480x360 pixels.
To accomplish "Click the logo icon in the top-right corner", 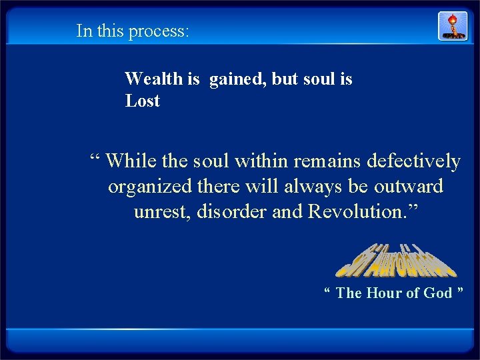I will [x=452, y=26].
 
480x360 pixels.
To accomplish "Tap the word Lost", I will [x=143, y=101].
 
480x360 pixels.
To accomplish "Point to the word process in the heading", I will [x=159, y=31].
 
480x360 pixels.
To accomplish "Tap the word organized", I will [x=150, y=187].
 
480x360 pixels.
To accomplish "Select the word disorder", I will [x=229, y=212].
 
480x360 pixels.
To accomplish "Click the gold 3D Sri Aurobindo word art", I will [x=395, y=261].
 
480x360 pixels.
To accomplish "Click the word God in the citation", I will [x=439, y=293].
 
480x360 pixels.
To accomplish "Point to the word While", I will [x=131, y=161].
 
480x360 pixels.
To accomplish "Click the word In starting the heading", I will [x=83, y=31].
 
